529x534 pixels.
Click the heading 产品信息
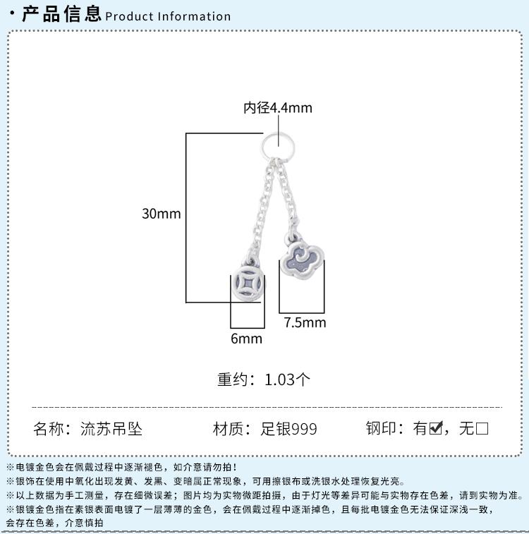[61, 14]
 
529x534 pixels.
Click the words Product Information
[168, 16]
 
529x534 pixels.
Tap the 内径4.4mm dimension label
[278, 108]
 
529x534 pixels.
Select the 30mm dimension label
[162, 214]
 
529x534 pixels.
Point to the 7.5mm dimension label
[305, 322]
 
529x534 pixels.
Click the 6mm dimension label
[246, 339]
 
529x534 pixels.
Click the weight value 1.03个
[287, 380]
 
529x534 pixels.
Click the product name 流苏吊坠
[111, 428]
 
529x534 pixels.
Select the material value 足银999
[288, 429]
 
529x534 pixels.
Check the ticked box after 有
[436, 427]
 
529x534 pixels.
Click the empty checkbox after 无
[482, 428]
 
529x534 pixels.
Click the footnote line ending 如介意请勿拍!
[121, 467]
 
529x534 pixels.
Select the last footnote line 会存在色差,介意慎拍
[54, 523]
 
